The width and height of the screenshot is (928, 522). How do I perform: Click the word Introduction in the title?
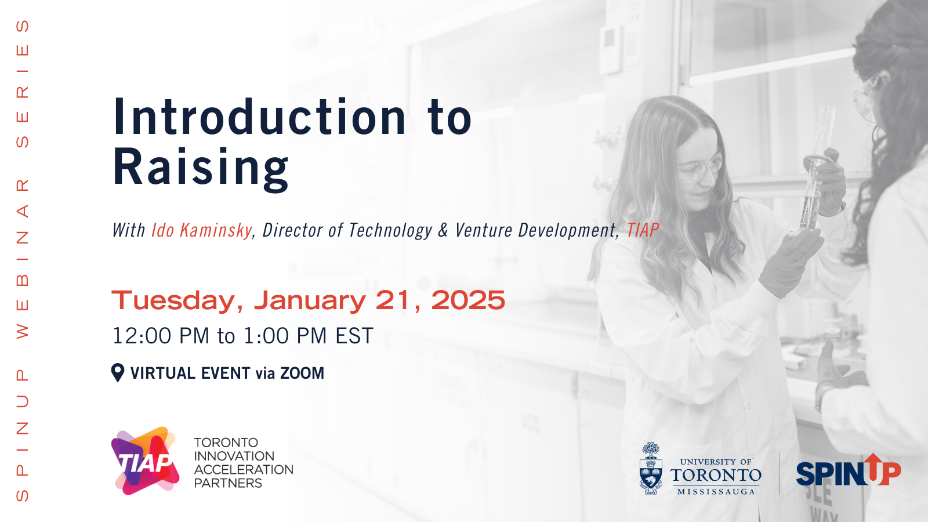point(259,117)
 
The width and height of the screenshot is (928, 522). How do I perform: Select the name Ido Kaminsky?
point(202,230)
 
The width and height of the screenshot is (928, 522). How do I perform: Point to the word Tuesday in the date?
point(177,301)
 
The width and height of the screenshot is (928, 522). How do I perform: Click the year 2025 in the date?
point(468,300)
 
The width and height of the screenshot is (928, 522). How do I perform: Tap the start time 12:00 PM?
point(161,336)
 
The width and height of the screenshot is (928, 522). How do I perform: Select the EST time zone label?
point(354,336)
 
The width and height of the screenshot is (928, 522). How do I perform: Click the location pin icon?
point(118,373)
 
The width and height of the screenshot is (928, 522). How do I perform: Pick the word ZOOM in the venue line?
point(302,374)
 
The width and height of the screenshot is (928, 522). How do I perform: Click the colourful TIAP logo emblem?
point(145,461)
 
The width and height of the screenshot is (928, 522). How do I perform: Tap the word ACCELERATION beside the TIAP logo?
point(244,469)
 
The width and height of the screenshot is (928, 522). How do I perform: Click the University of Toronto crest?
point(651,468)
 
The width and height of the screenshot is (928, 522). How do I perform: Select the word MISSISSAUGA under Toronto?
point(716,492)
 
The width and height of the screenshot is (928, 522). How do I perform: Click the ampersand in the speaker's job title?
point(443,231)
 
